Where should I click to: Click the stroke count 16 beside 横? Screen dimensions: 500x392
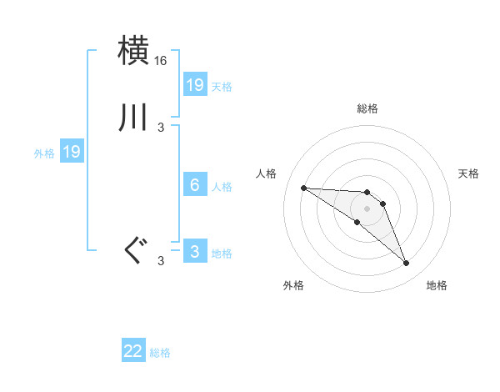(x=161, y=62)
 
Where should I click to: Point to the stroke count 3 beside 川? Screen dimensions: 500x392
(x=161, y=127)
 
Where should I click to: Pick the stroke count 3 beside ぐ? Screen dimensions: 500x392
(x=161, y=261)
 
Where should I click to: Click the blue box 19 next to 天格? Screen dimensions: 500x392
(x=195, y=85)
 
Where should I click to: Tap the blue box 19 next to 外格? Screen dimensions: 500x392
(x=72, y=152)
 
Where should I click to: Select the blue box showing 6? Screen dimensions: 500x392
(x=195, y=185)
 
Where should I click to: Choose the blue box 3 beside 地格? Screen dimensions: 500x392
(x=195, y=252)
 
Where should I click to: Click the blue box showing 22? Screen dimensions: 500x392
(x=133, y=351)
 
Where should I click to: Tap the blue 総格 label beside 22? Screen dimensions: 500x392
(x=160, y=353)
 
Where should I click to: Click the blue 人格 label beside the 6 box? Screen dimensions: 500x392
(x=222, y=187)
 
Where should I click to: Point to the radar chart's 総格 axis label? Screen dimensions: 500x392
(x=367, y=108)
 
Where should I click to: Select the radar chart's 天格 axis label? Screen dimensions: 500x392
(x=468, y=173)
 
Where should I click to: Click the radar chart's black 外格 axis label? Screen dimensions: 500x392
(x=293, y=285)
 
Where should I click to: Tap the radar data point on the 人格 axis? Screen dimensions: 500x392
(x=303, y=188)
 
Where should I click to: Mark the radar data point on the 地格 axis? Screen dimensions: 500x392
(x=407, y=264)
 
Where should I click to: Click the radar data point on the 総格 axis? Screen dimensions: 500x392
(x=367, y=193)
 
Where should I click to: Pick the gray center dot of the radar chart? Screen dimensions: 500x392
(x=367, y=209)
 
